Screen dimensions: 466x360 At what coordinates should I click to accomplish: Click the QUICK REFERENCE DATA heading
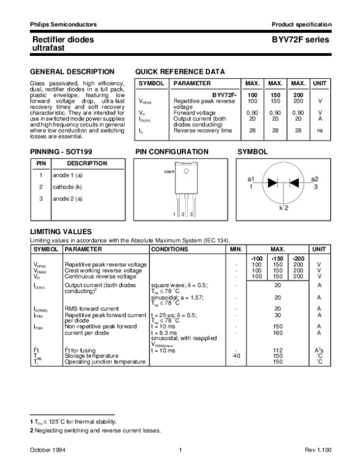tap(180, 71)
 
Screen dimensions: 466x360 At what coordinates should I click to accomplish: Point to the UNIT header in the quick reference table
tap(320, 83)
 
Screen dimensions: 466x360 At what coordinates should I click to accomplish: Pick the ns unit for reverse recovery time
tap(320, 130)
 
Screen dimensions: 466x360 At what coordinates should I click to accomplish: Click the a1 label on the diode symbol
tap(251, 180)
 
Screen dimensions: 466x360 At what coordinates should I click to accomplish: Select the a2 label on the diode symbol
tap(314, 180)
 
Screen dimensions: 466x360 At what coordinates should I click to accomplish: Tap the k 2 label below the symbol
tap(283, 207)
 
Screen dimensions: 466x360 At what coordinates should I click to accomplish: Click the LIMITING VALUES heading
tap(61, 231)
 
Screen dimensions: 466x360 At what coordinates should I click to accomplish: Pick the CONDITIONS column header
tap(169, 249)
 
